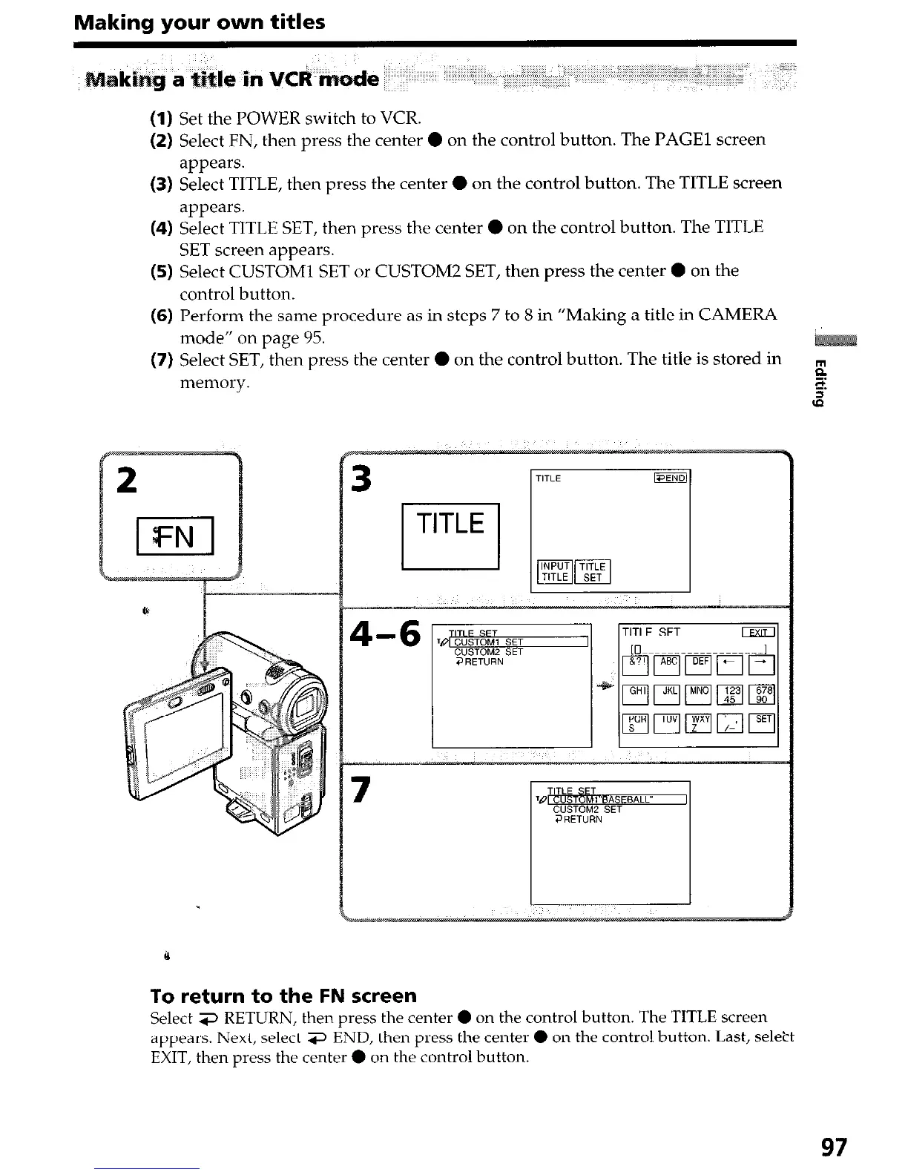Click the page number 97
833,1148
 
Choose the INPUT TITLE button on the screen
554,571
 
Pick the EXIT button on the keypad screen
757,633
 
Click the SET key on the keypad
763,723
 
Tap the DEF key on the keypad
700,665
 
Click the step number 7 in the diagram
361,789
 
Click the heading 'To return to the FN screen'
283,995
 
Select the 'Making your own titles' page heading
199,22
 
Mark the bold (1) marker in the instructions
162,118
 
